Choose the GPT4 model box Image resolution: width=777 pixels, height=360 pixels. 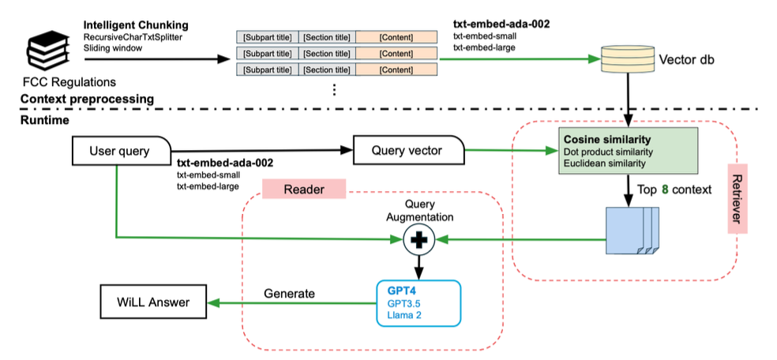point(418,302)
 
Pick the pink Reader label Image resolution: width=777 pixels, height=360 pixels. point(304,189)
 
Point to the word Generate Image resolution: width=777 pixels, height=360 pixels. point(289,294)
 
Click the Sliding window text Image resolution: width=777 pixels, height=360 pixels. point(112,47)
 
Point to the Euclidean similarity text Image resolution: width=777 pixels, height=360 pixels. point(604,163)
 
